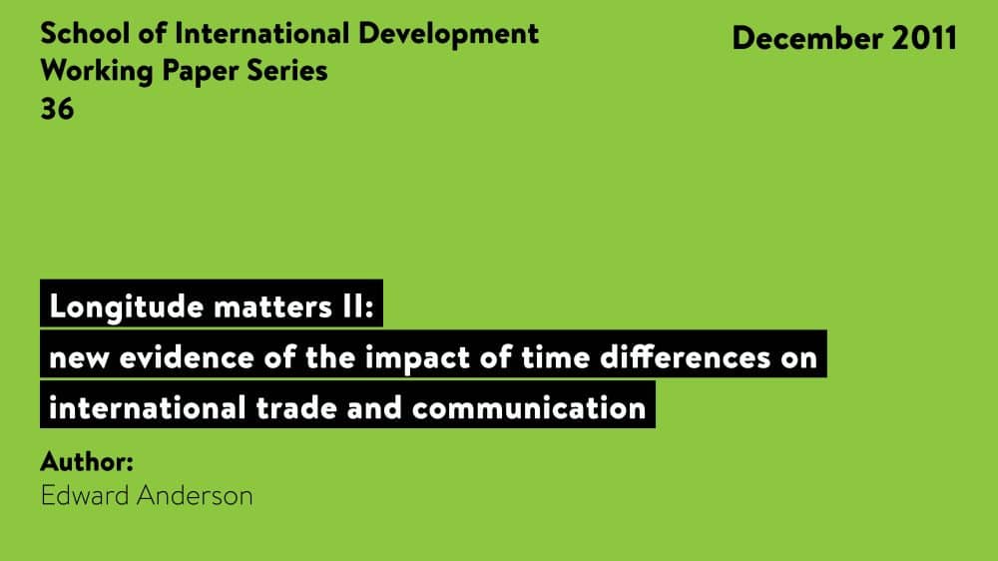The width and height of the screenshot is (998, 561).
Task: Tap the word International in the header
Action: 263,33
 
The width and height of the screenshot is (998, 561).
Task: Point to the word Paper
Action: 196,72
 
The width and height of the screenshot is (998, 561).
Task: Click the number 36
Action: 57,110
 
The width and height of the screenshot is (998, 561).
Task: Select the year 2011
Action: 920,38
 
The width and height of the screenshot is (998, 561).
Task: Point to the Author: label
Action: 87,462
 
